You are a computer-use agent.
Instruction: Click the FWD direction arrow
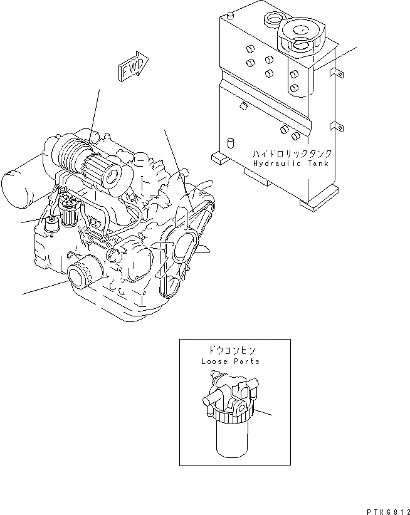132,66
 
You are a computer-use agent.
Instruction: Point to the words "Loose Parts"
230,362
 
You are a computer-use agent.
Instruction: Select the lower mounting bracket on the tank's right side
336,127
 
